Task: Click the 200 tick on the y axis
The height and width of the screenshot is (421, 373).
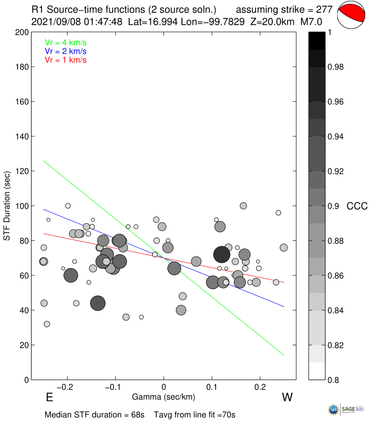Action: [x=21, y=32]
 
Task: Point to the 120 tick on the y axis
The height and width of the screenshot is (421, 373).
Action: [x=21, y=171]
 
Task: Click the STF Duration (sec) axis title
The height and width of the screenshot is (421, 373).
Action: [x=7, y=206]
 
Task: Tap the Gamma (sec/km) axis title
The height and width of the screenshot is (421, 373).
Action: [x=164, y=397]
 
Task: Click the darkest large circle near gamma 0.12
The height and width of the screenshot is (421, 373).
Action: [x=222, y=254]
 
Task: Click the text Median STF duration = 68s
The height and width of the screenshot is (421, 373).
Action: [x=94, y=414]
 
